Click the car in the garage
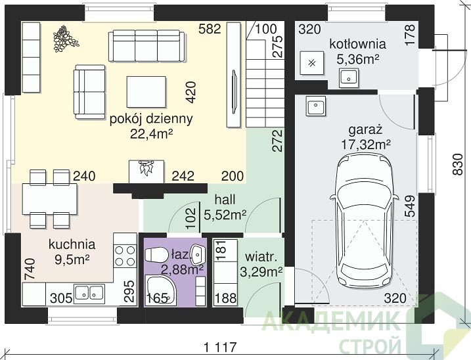[x=365, y=221]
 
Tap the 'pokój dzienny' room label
[x=151, y=119]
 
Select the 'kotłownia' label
[x=357, y=44]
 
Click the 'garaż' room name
[x=365, y=130]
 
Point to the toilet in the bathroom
[x=156, y=255]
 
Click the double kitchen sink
[x=89, y=292]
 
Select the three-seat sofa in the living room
[x=146, y=46]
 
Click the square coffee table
[x=146, y=92]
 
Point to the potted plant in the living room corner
[x=64, y=38]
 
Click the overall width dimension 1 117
[x=220, y=348]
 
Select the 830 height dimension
[x=458, y=164]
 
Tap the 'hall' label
[x=225, y=200]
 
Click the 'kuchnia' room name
[x=72, y=244]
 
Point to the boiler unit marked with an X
[x=312, y=63]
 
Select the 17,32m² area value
[x=365, y=145]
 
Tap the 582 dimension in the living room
[x=210, y=29]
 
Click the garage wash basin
[x=316, y=106]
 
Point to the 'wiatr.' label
[x=261, y=258]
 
